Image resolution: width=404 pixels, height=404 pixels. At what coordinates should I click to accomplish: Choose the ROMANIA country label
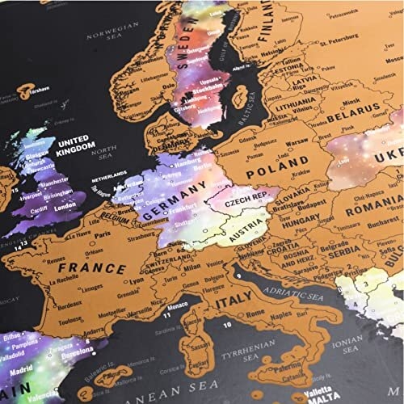(368, 208)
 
